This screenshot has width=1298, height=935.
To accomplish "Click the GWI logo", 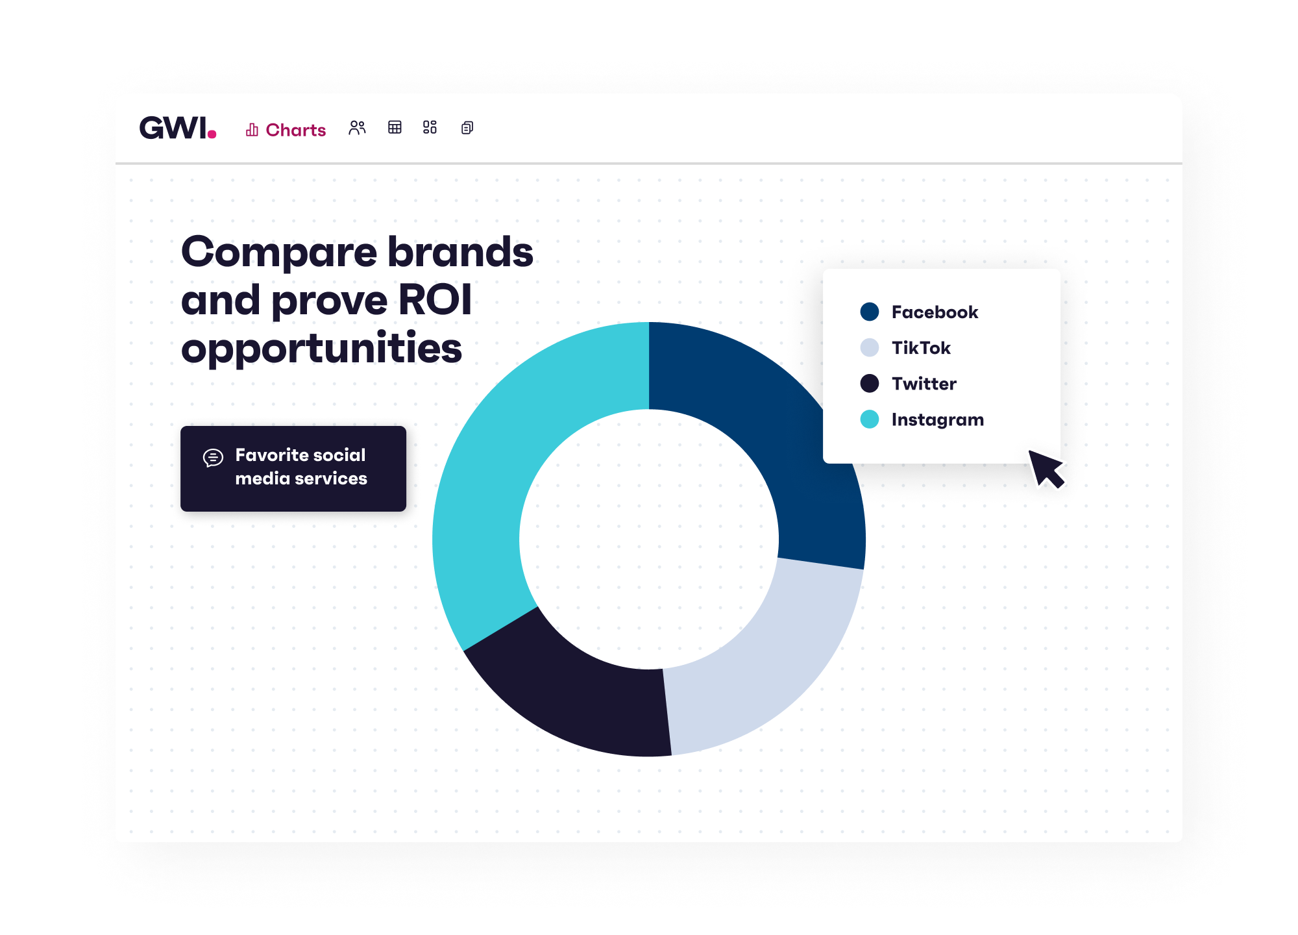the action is click(178, 128).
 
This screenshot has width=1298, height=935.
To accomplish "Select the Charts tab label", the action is click(295, 130).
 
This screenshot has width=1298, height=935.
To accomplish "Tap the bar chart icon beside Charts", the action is click(252, 130).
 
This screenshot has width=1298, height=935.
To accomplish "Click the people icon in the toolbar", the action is click(357, 127).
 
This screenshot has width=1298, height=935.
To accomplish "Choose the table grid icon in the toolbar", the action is click(395, 127).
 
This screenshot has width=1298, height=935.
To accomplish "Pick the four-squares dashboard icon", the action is click(430, 127).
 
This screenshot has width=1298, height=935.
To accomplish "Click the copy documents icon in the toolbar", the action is click(467, 127).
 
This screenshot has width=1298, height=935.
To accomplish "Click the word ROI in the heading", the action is click(435, 300).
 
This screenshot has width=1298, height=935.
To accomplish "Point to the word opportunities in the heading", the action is click(321, 349).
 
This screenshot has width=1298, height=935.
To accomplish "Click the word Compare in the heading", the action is click(279, 252).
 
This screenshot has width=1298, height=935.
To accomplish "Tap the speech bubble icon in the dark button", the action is click(213, 458).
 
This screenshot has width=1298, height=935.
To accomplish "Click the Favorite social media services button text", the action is click(301, 467).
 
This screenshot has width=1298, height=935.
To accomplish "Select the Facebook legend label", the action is click(935, 312).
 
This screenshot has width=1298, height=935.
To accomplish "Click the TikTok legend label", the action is click(921, 348).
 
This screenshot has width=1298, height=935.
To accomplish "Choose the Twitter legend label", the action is click(924, 384).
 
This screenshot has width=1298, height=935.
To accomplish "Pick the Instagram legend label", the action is click(938, 420).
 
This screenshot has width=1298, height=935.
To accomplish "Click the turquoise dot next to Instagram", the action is click(870, 419).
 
